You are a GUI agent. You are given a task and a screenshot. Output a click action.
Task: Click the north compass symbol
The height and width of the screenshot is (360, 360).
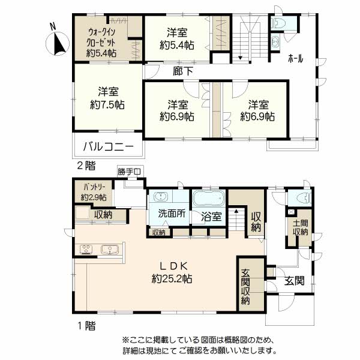click(58, 43)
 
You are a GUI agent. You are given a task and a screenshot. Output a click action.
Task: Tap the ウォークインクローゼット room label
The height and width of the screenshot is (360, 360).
click(101, 38)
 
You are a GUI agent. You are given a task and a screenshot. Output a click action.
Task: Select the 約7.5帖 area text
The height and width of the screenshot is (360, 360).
click(107, 105)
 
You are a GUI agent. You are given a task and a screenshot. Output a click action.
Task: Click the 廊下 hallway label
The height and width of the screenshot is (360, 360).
click(183, 71)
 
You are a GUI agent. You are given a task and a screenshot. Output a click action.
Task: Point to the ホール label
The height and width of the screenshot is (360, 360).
click(295, 59)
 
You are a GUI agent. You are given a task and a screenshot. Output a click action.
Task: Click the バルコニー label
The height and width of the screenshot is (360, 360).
click(109, 146)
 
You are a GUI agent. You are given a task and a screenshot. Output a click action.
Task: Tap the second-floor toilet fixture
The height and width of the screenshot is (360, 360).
click(278, 23)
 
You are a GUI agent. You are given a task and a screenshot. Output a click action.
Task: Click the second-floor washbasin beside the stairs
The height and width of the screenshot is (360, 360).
click(275, 42)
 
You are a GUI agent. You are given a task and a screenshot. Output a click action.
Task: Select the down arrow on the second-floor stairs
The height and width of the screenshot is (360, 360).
click(240, 58)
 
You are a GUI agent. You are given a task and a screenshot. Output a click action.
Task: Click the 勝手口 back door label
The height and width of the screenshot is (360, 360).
click(129, 172)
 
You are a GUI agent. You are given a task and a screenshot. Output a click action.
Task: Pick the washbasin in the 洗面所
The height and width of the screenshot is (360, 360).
click(160, 197)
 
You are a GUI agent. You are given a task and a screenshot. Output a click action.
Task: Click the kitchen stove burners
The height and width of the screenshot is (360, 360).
click(86, 249)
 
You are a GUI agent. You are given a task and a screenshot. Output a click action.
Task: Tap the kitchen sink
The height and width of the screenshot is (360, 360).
click(110, 250)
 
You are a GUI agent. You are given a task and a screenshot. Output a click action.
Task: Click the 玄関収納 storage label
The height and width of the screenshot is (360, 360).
click(245, 287)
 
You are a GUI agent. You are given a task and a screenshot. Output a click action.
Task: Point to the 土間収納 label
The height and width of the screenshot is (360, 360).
click(301, 227)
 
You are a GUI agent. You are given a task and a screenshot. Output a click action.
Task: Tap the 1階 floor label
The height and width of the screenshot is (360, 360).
click(86, 326)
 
